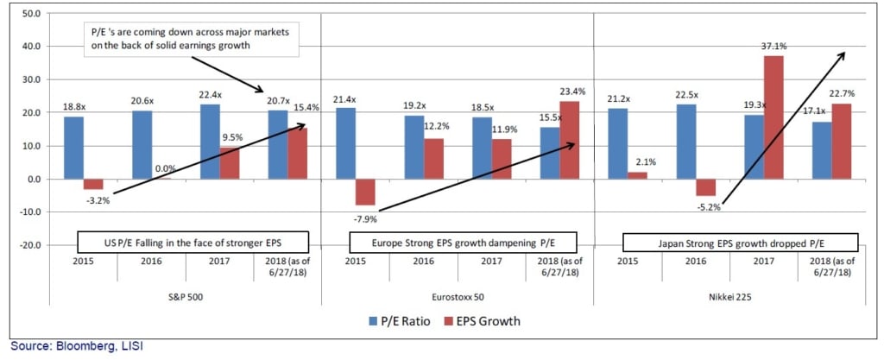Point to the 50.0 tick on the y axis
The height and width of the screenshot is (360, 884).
32,14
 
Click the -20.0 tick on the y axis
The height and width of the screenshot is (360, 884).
30,245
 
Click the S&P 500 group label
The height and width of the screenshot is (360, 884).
184,294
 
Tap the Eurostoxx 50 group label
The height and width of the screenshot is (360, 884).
458,294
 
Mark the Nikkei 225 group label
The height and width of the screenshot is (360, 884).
731,294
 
